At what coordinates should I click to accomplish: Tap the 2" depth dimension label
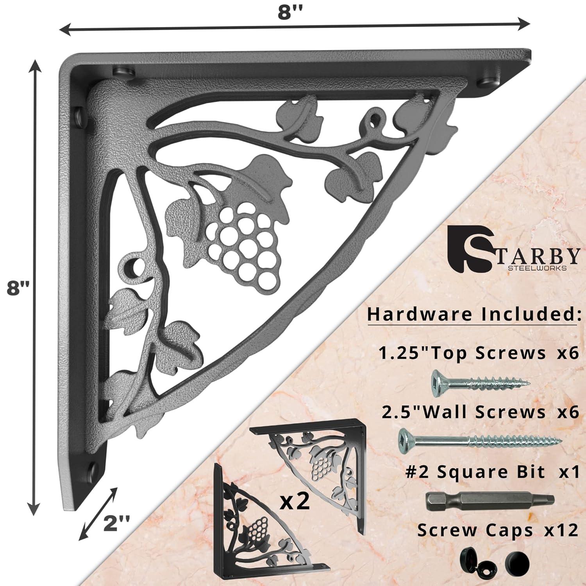(x=115, y=522)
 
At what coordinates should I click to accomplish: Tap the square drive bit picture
(x=489, y=499)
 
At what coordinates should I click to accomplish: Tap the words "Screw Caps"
(x=475, y=531)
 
